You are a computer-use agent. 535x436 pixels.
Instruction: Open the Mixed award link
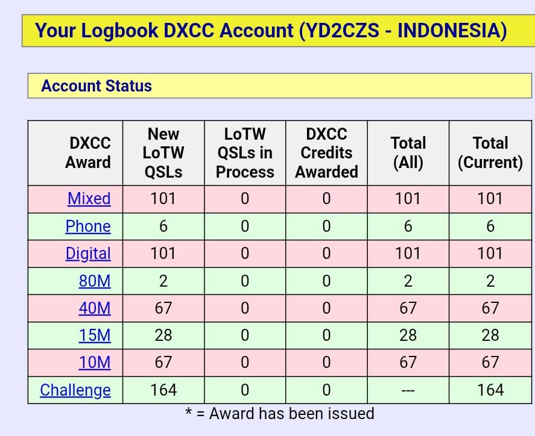(89, 199)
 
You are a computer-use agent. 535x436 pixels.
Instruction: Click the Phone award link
(88, 226)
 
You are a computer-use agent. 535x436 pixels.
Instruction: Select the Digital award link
(88, 254)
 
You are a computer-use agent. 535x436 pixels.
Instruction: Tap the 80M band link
(95, 281)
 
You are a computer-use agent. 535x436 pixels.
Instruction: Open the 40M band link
(95, 308)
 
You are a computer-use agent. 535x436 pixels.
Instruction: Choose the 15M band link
(95, 335)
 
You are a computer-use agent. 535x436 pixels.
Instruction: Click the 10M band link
(95, 363)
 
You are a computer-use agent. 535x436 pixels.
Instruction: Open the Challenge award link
(75, 390)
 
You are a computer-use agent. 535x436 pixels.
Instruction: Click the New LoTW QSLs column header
(163, 153)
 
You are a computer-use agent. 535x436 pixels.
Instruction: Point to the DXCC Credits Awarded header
(326, 153)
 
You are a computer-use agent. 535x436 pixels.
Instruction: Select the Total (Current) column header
(490, 152)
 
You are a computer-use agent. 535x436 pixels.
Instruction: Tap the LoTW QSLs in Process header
(245, 153)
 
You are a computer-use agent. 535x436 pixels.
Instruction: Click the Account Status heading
(97, 86)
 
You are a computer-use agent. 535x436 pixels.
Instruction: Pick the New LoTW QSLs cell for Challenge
(163, 390)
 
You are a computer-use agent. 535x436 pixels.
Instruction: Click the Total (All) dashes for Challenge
(408, 390)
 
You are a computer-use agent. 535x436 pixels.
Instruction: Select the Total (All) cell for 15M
(408, 335)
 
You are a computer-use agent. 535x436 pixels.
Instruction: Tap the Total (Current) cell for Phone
(490, 226)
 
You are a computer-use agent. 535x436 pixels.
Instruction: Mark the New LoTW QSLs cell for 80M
(163, 281)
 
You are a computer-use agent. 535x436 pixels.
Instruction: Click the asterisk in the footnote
(188, 411)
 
